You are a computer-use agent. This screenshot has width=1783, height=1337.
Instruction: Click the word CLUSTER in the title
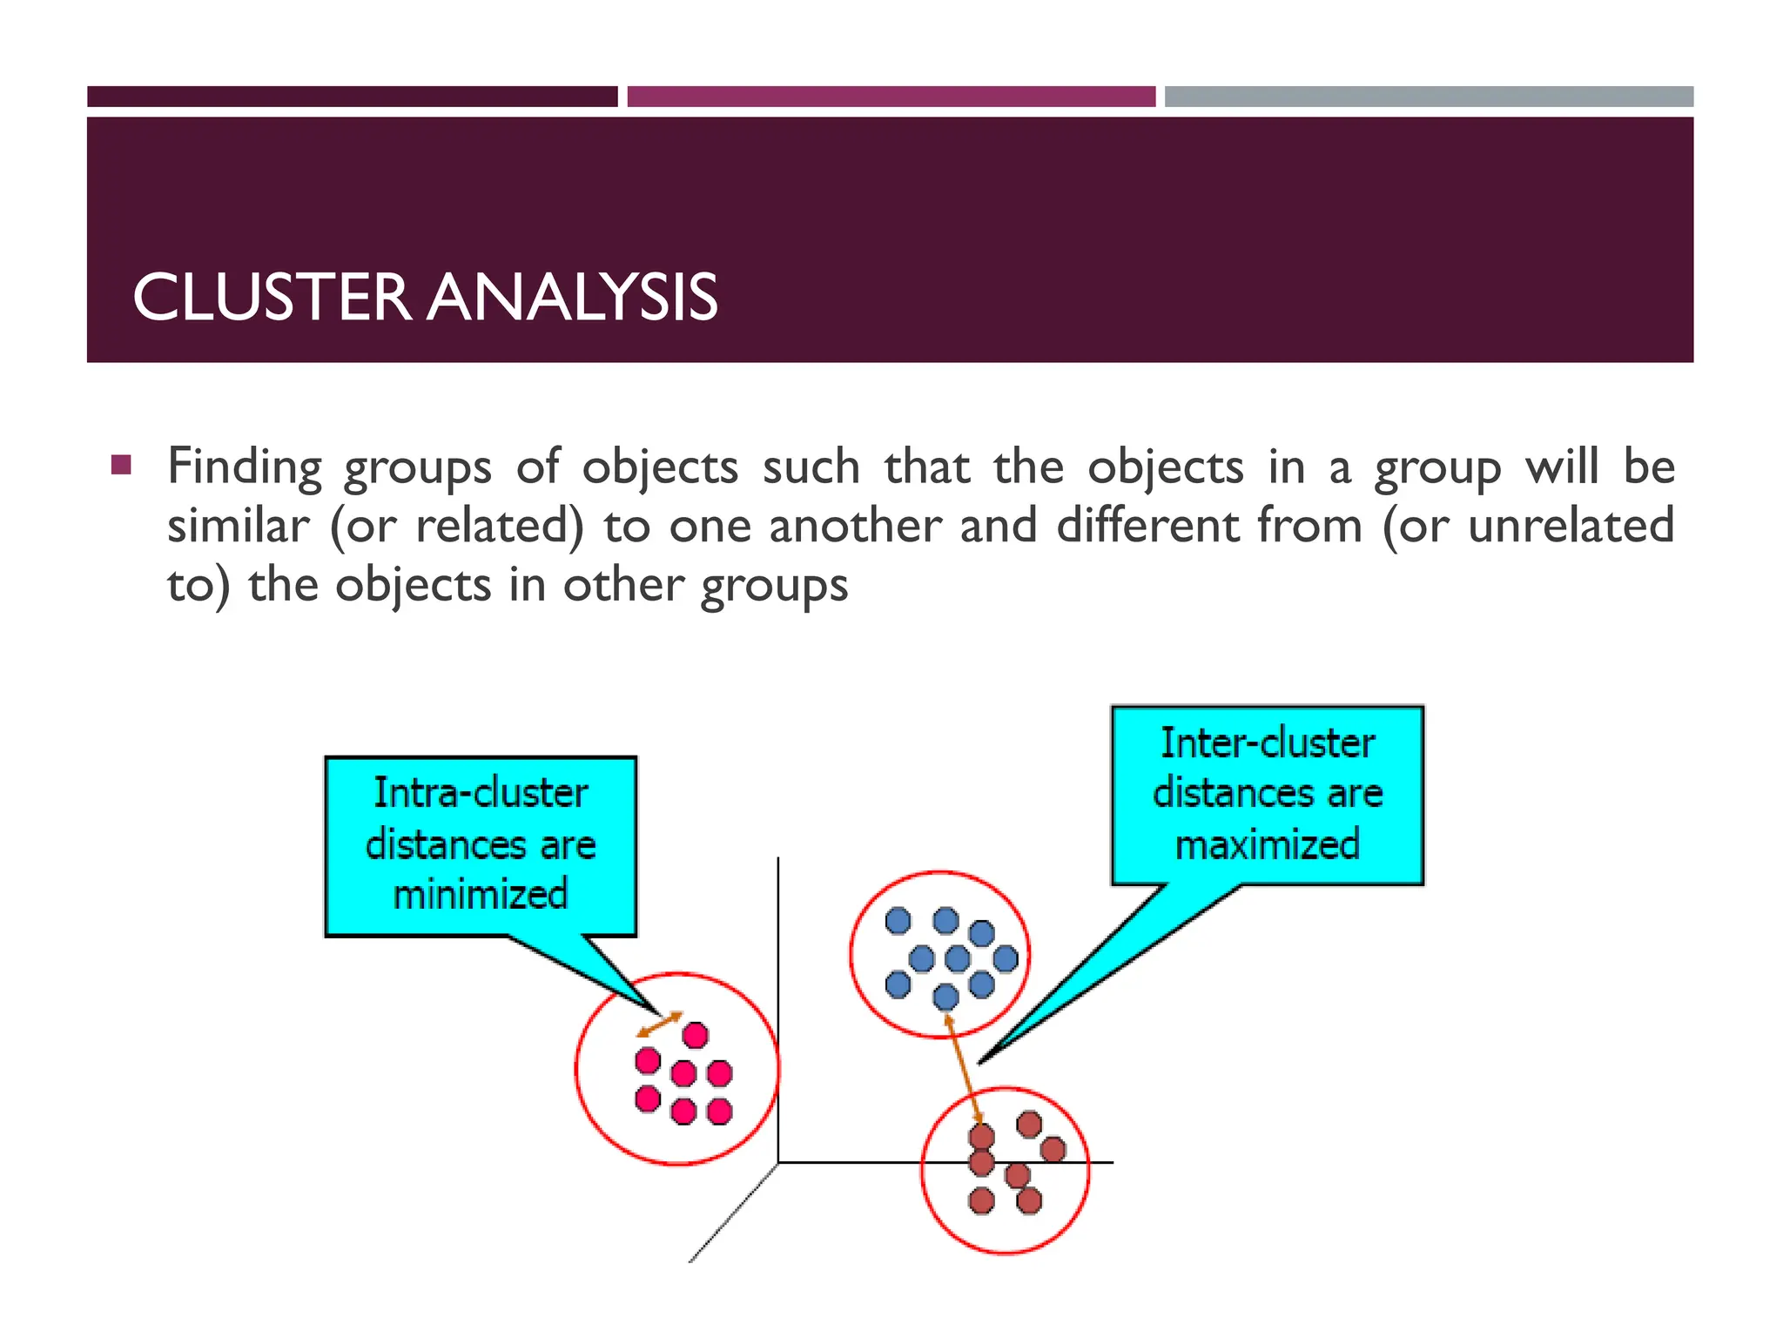click(x=271, y=298)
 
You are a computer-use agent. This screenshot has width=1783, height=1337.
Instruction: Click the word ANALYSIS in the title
click(x=574, y=298)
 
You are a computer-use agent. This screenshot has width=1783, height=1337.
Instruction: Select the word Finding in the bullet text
click(x=244, y=467)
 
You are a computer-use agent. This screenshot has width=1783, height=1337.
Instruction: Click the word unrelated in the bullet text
click(x=1571, y=526)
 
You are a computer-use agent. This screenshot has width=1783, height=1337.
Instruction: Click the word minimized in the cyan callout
click(x=481, y=895)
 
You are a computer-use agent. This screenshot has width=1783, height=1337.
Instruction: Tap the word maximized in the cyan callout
click(x=1268, y=844)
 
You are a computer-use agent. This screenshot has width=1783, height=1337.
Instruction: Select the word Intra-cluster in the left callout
click(x=481, y=793)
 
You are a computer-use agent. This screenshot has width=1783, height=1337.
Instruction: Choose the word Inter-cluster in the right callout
click(x=1268, y=743)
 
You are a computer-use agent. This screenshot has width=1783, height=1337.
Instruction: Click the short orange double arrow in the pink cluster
click(x=660, y=1025)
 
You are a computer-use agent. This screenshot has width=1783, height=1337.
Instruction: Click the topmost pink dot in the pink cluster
click(x=696, y=1036)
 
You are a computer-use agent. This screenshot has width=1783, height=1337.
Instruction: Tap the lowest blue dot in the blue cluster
click(x=945, y=997)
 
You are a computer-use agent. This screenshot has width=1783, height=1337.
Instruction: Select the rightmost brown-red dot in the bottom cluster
click(x=1053, y=1149)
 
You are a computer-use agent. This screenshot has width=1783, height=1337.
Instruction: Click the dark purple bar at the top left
click(x=352, y=97)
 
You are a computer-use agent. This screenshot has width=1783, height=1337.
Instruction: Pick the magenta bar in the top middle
click(x=891, y=97)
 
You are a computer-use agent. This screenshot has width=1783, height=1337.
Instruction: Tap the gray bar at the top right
click(x=1429, y=97)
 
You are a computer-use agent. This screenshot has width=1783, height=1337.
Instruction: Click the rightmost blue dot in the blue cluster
click(x=1006, y=958)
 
